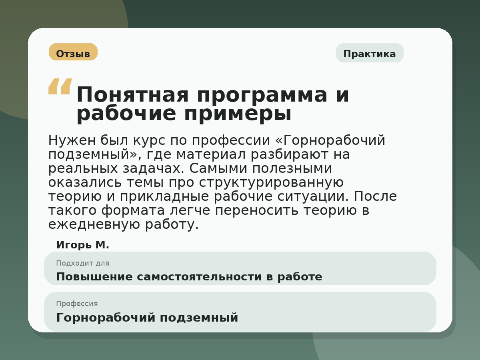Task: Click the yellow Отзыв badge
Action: [x=73, y=52]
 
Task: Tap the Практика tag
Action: [x=370, y=53]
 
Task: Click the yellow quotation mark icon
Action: [x=60, y=86]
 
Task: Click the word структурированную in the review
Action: [x=271, y=183]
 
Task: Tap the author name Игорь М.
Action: [x=82, y=245]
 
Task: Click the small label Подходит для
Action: [x=82, y=263]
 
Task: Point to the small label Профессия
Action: [x=77, y=304]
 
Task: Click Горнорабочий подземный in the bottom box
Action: [x=147, y=318]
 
